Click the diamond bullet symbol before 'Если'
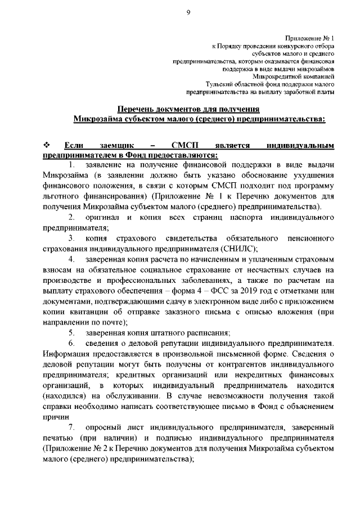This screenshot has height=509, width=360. tap(47, 146)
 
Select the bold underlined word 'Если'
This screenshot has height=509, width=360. tap(74, 146)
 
